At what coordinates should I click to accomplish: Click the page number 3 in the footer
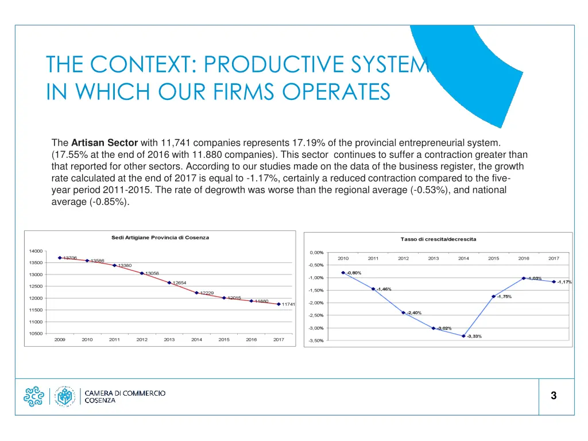tap(554, 396)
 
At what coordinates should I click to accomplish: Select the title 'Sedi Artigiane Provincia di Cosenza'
tap(160, 237)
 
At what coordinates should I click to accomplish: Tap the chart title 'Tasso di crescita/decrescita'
tap(438, 239)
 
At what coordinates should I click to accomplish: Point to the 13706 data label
tap(69, 258)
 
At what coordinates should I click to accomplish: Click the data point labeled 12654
tap(169, 283)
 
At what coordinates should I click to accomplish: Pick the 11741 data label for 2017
tap(288, 304)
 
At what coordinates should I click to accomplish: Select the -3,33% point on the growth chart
tap(463, 336)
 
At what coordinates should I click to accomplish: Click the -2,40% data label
tap(414, 313)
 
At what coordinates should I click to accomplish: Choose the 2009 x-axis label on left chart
tap(60, 340)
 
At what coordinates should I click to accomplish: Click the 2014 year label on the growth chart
tap(463, 258)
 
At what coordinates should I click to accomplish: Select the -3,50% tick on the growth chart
tap(316, 341)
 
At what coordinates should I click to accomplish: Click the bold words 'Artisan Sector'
tap(105, 142)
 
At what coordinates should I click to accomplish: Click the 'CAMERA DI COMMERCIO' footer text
tap(125, 393)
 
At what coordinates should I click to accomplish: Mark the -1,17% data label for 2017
tap(564, 282)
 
